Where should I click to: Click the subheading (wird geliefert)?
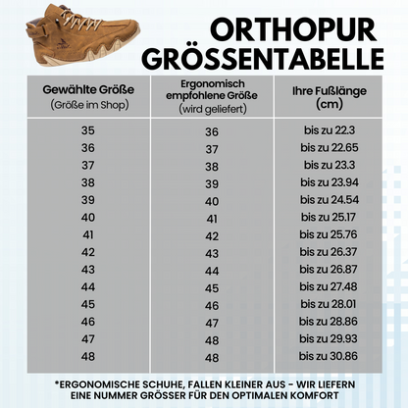[211, 110]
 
